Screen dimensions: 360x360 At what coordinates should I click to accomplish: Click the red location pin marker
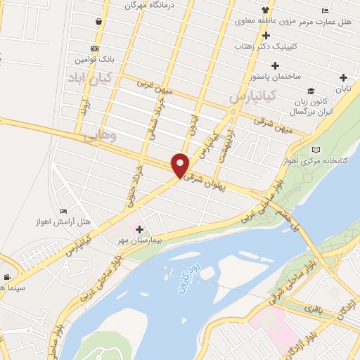point(181,165)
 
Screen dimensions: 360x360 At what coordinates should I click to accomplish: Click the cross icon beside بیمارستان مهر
point(139,229)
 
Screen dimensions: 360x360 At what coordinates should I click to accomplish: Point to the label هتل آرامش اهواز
point(63,221)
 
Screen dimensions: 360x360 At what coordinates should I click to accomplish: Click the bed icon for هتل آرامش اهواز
point(64,211)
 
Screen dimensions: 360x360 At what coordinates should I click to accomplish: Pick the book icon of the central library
point(316,149)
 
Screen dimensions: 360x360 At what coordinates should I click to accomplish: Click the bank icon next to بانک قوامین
point(94,49)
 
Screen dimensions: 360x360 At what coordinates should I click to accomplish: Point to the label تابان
point(343,88)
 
